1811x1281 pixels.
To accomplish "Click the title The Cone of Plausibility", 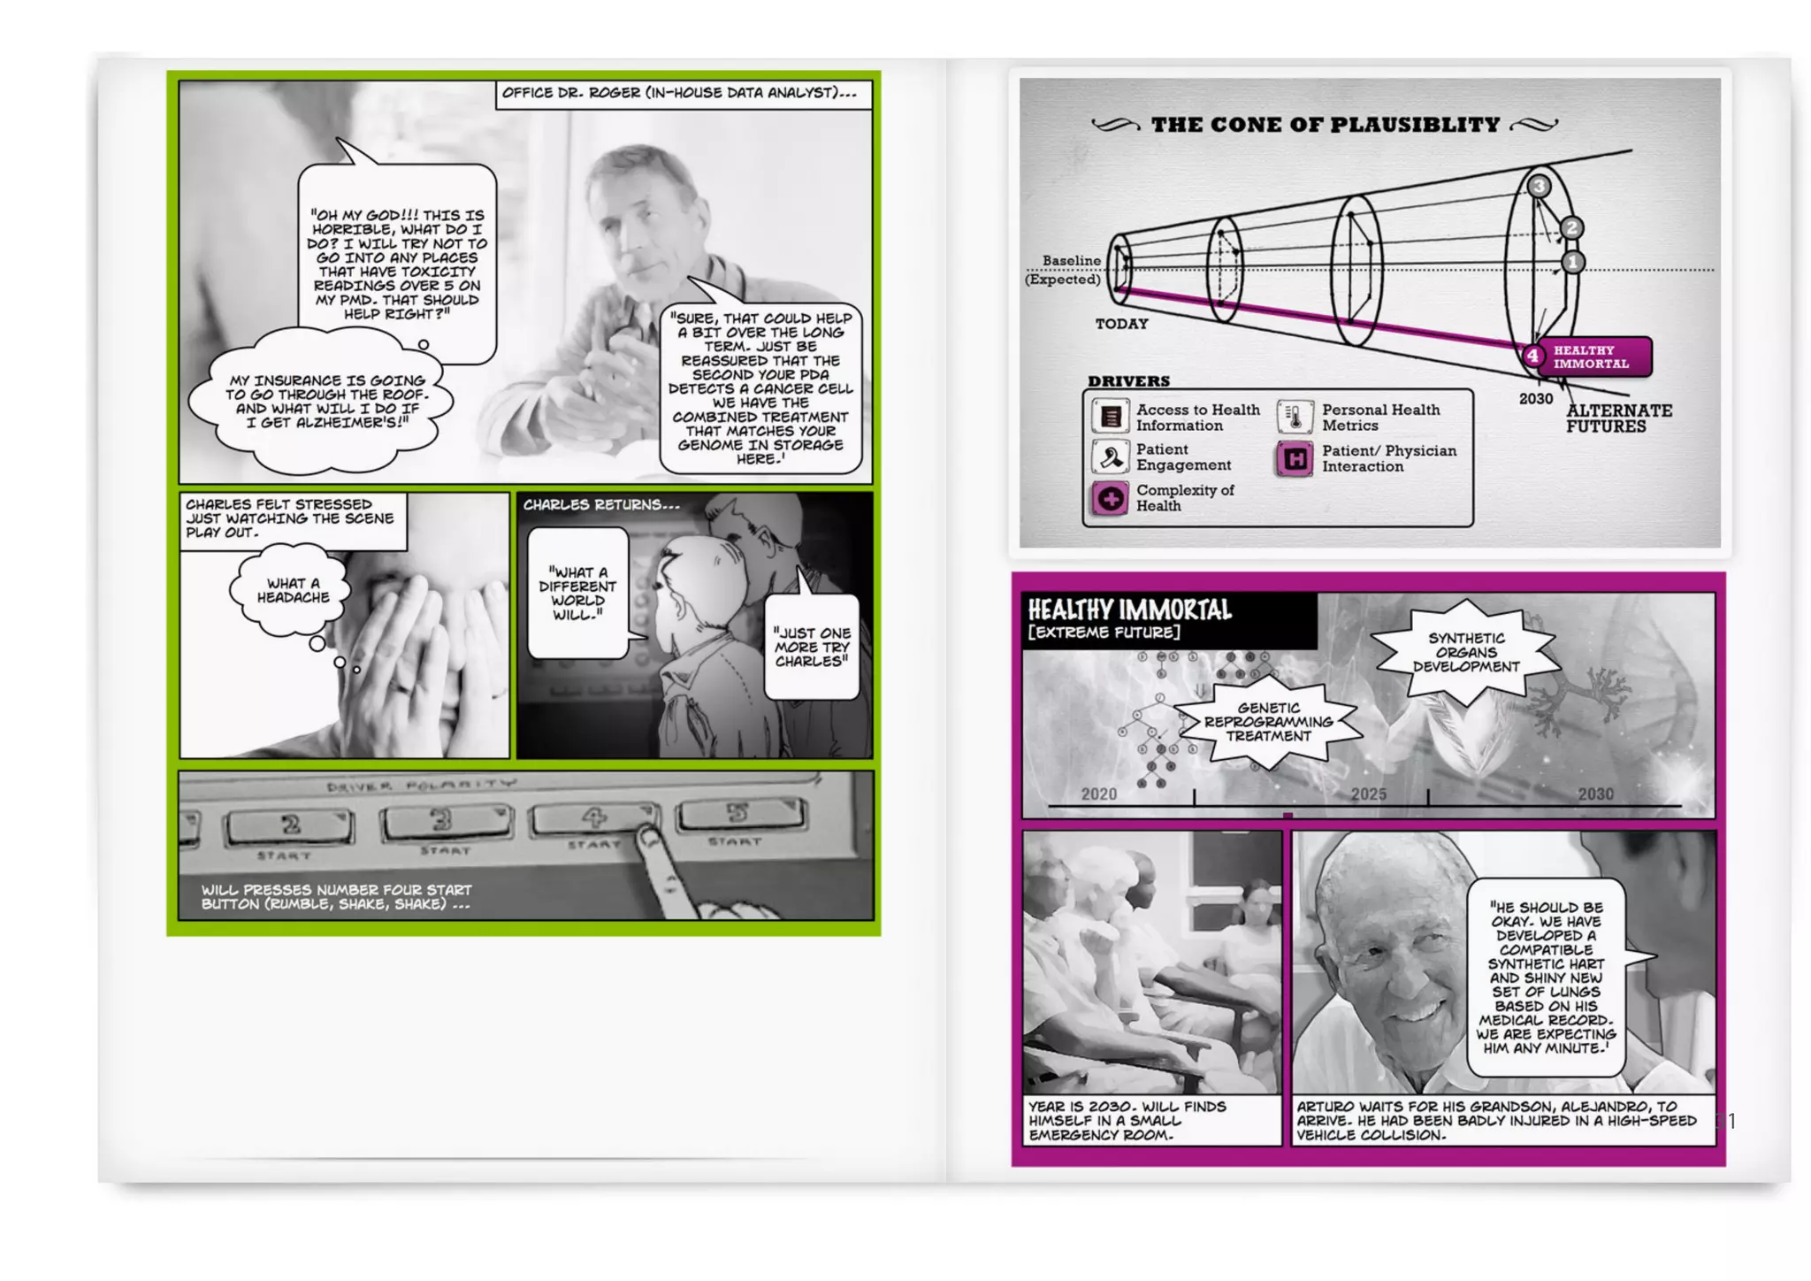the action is pyautogui.click(x=1326, y=125).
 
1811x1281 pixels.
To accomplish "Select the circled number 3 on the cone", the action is pyautogui.click(x=1539, y=186).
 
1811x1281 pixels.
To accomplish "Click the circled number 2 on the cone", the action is pyautogui.click(x=1571, y=227).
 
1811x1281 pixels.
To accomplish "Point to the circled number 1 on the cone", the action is pyautogui.click(x=1573, y=262).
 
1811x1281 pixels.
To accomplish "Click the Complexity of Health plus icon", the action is pyautogui.click(x=1111, y=499).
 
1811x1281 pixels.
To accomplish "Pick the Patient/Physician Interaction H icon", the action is pyautogui.click(x=1295, y=458).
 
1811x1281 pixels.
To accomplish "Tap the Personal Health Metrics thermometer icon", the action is pyautogui.click(x=1295, y=417).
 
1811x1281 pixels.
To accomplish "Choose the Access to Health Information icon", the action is pyautogui.click(x=1111, y=416).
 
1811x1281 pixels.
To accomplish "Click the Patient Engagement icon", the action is pyautogui.click(x=1111, y=457).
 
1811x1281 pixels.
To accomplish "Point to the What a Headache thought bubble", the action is pyautogui.click(x=291, y=590).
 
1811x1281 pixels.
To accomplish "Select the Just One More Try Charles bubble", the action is pyautogui.click(x=812, y=647).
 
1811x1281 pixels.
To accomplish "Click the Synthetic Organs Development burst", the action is pyautogui.click(x=1466, y=653).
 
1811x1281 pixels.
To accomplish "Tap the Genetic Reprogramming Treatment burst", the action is pyautogui.click(x=1268, y=722).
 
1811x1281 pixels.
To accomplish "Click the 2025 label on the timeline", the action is pyautogui.click(x=1368, y=794).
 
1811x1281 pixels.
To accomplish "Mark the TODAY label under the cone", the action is pyautogui.click(x=1121, y=324).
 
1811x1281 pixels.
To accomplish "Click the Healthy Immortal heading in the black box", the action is pyautogui.click(x=1129, y=610).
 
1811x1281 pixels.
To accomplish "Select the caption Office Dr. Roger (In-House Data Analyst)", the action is pyautogui.click(x=679, y=93).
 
